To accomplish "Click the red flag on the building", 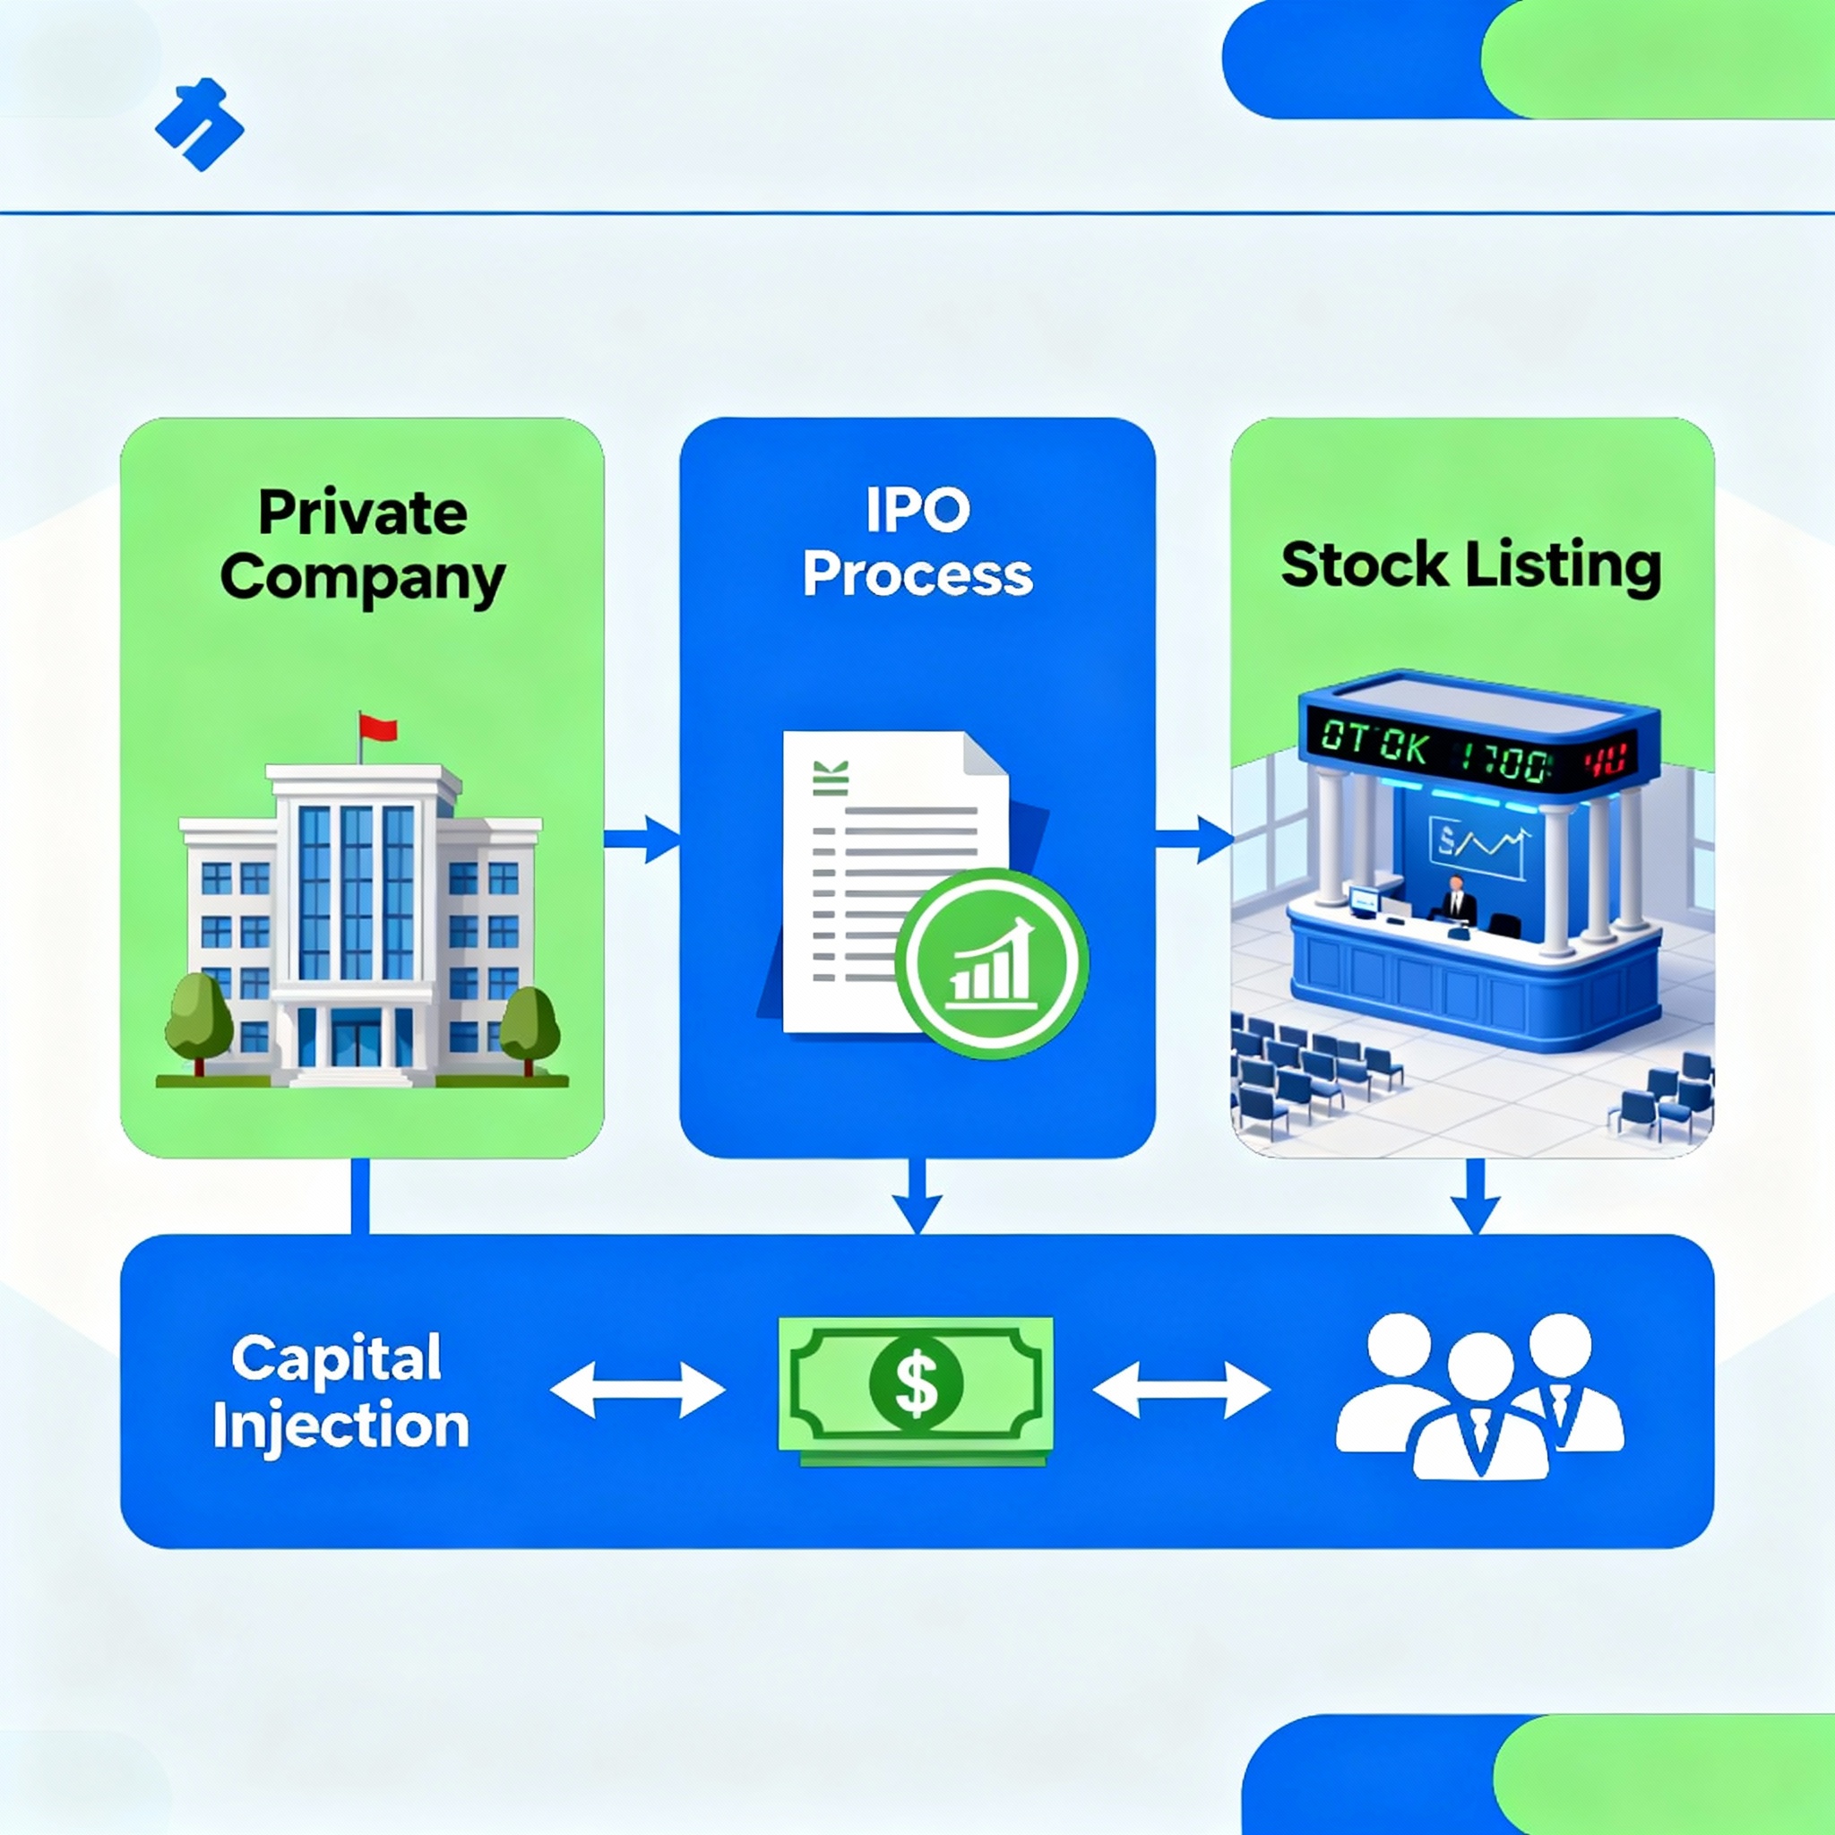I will [378, 729].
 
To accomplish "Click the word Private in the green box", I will [362, 513].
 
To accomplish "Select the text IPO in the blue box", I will [917, 510].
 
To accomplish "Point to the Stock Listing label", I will [1470, 566].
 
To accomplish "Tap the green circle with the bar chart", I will [991, 964].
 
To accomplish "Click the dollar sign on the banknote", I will [916, 1383].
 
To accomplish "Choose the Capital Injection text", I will [340, 1392].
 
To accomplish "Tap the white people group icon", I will [1478, 1394].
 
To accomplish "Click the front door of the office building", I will [354, 1041].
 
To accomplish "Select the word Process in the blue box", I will [917, 575].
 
